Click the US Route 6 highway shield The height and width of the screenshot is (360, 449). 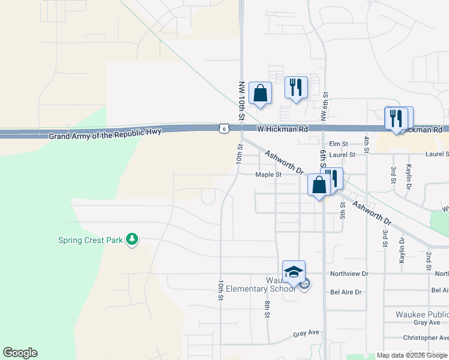pos(223,128)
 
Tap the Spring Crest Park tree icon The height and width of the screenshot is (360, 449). pos(132,240)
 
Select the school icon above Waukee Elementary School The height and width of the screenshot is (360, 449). pos(294,272)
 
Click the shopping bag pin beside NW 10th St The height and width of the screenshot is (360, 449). pos(260,93)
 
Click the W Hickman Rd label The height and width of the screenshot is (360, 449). pos(282,129)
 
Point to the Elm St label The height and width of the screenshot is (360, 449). pos(339,144)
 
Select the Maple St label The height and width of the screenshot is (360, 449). pos(268,175)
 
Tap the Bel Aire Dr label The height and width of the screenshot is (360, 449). pos(346,292)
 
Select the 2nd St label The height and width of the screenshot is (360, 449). pos(429,260)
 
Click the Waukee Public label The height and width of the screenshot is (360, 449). pos(421,314)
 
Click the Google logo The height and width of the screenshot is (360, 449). pos(20,353)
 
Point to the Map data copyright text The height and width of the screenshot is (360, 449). pos(412,355)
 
